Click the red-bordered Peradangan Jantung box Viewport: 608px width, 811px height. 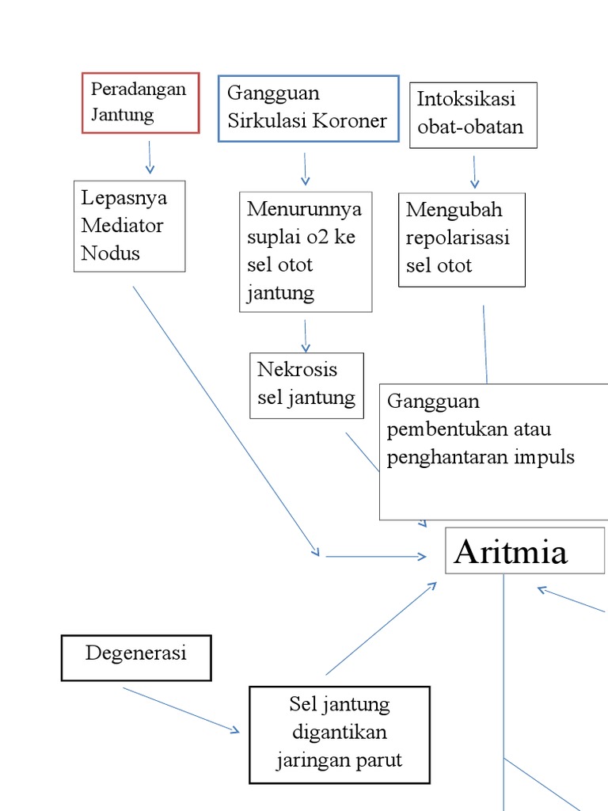pyautogui.click(x=140, y=102)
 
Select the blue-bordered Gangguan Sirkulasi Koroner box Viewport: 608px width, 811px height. pyautogui.click(x=308, y=109)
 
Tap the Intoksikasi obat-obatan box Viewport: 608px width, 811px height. pyautogui.click(x=473, y=115)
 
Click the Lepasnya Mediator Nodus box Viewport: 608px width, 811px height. pyautogui.click(x=129, y=226)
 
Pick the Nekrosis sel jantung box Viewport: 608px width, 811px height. pyautogui.click(x=306, y=385)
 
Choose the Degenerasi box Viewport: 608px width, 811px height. pyautogui.click(x=136, y=657)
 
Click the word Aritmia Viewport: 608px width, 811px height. pyautogui.click(x=511, y=552)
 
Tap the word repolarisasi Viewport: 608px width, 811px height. pyautogui.click(x=458, y=238)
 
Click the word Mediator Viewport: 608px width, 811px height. pyautogui.click(x=122, y=226)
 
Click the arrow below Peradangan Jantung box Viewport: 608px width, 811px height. pyautogui.click(x=150, y=158)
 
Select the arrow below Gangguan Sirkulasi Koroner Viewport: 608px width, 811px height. pyautogui.click(x=305, y=169)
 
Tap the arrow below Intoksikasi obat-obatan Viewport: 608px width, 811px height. pyautogui.click(x=474, y=171)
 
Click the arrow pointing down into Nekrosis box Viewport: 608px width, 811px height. pyautogui.click(x=305, y=335)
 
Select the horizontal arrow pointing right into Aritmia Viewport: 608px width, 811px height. pyautogui.click(x=376, y=557)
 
